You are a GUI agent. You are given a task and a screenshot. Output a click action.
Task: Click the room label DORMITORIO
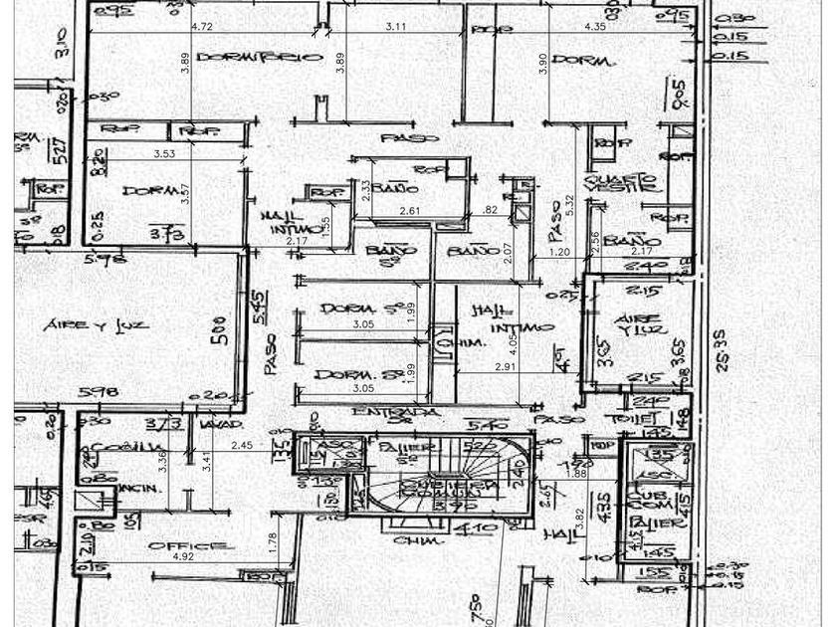(x=260, y=58)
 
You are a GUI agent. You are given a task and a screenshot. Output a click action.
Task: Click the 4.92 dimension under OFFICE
(x=183, y=557)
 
